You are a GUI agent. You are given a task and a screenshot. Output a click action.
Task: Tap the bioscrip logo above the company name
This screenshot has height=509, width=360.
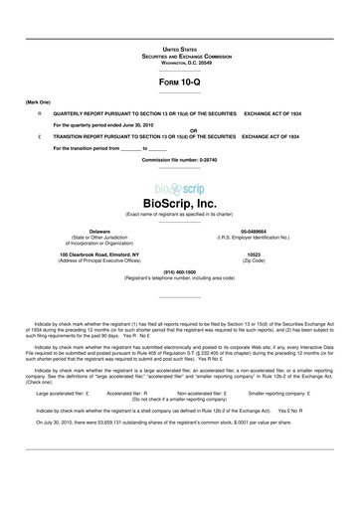coord(180,189)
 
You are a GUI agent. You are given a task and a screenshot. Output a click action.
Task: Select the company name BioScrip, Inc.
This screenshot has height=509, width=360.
coord(180,203)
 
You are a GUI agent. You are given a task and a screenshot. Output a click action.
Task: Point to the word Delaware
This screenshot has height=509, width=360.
coord(99,232)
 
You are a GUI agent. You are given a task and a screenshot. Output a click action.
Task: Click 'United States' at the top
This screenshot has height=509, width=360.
coord(180,48)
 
